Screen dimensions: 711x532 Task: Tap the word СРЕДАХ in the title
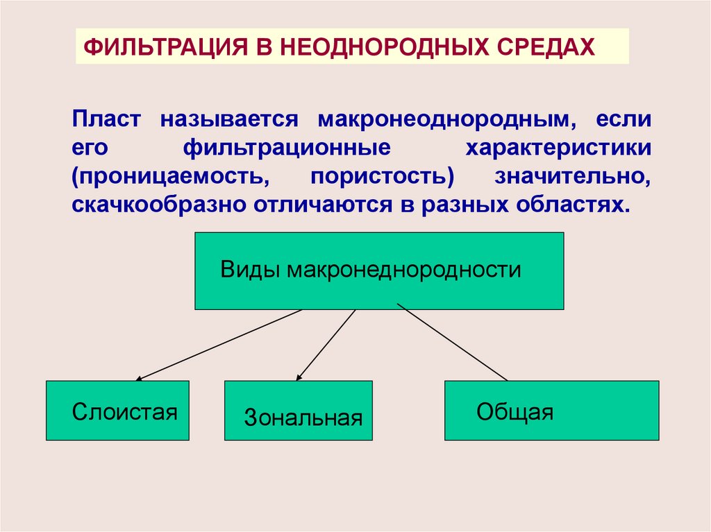point(545,47)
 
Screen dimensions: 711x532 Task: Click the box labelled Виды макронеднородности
point(379,271)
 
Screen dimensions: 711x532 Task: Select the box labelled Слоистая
point(117,411)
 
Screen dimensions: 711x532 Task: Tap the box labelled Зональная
point(299,411)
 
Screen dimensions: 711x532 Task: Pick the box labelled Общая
point(551,411)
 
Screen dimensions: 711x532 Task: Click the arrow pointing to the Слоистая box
point(219,345)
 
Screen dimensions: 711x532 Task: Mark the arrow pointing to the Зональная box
point(326,345)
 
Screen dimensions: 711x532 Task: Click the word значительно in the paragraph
point(573,177)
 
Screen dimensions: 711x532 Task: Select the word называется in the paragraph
point(230,119)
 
